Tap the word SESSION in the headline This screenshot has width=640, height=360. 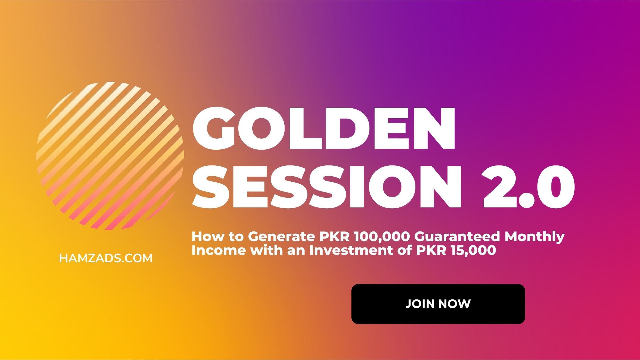coord(327,186)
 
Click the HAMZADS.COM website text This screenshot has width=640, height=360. coord(106,258)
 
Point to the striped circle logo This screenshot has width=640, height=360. coord(110,156)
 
